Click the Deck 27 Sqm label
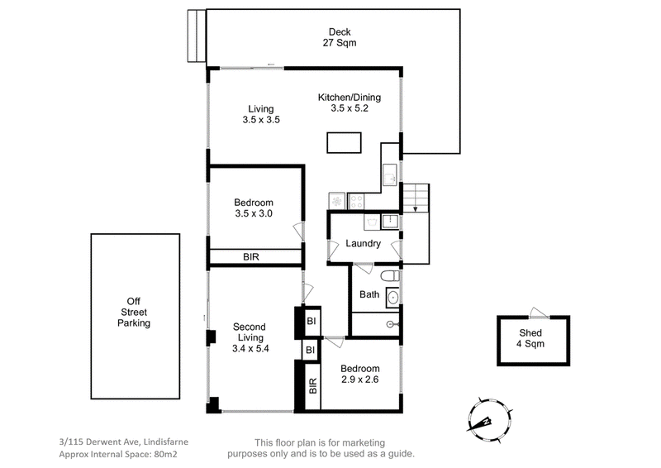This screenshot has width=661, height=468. point(340,37)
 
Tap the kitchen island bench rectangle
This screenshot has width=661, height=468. point(344,143)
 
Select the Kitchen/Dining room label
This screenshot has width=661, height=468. point(350,103)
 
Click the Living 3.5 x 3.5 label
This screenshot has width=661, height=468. point(261,114)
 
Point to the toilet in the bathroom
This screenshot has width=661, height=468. point(390,276)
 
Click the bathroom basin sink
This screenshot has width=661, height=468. point(392,298)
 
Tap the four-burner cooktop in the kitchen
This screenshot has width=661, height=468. point(356,201)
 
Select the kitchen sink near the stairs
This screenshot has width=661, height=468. point(390,174)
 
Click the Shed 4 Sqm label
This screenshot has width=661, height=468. point(530,338)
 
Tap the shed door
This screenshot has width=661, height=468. point(540,313)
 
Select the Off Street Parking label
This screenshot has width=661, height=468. point(134,313)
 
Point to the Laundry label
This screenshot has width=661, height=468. point(363,243)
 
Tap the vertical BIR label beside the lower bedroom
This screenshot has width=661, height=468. point(312,385)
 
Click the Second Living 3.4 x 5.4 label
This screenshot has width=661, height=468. point(250,337)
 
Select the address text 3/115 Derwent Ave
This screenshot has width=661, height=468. point(99,442)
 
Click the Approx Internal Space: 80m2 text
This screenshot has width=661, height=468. point(118,455)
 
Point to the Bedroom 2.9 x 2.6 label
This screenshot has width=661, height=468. point(359,374)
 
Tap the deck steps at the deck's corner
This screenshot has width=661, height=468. point(197,36)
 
